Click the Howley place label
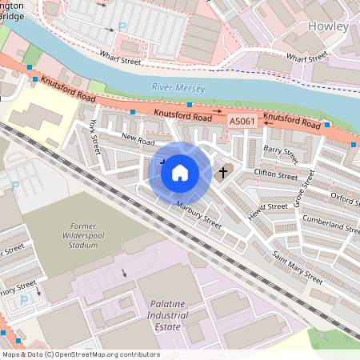328,26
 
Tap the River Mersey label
178,88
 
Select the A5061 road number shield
242,120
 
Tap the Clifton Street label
275,174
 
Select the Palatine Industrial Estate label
178,310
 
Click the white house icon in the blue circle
180,172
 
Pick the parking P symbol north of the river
122,26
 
